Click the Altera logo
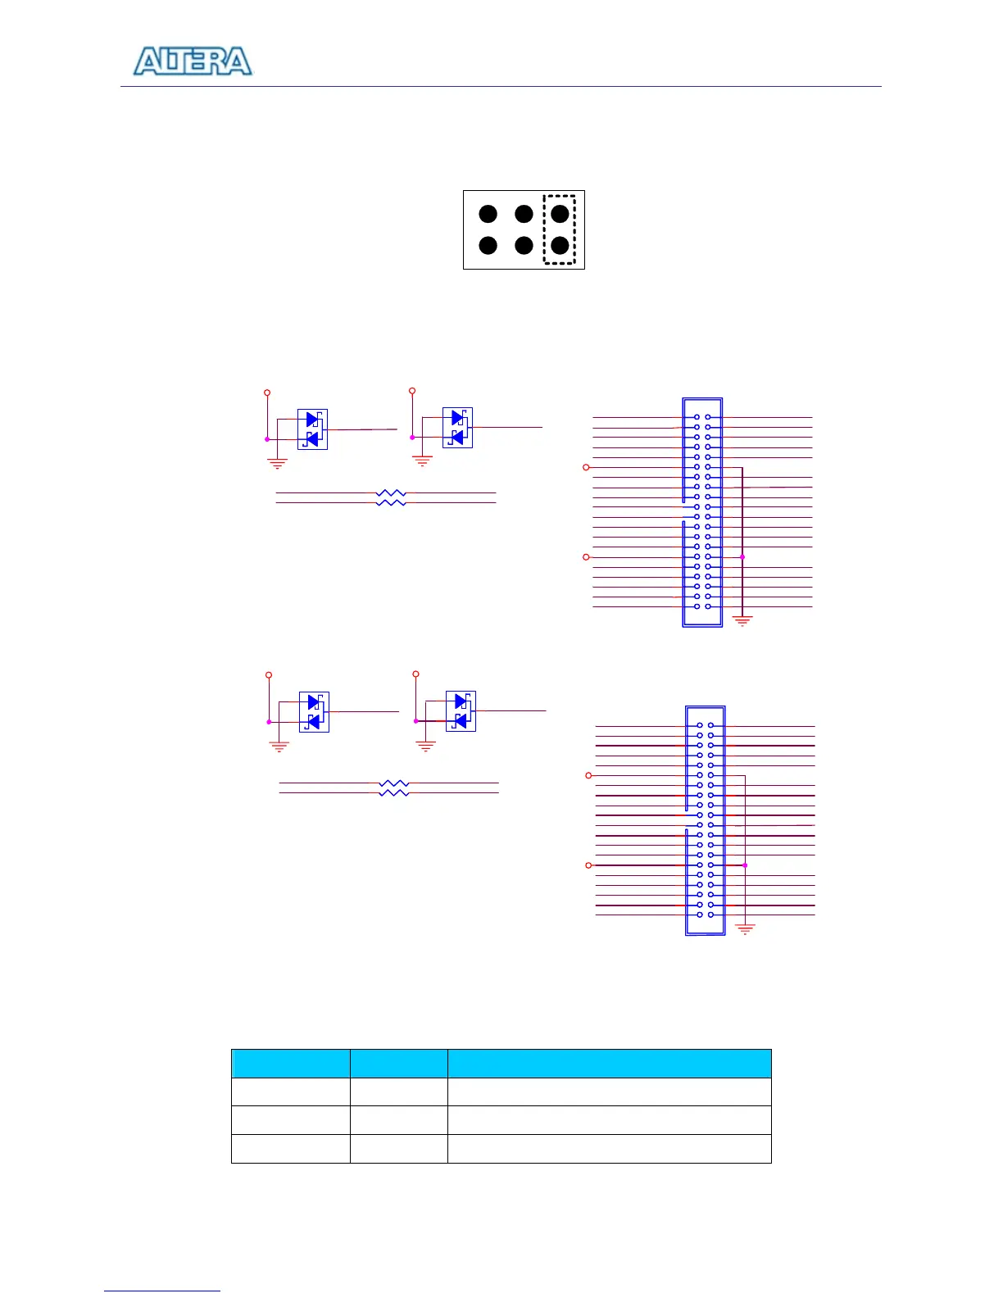(x=193, y=61)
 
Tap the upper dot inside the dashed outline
(x=560, y=214)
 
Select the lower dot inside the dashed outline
(x=560, y=245)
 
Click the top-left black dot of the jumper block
(x=488, y=214)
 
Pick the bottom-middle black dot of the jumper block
(x=524, y=245)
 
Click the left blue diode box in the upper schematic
(x=312, y=429)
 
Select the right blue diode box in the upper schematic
(x=457, y=428)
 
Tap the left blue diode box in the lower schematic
(x=314, y=712)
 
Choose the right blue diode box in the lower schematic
(x=461, y=711)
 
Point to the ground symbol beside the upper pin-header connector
(x=742, y=621)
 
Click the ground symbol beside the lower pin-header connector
(x=745, y=929)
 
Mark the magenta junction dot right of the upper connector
(x=742, y=557)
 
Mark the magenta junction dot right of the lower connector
(x=745, y=865)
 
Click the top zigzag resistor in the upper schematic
(x=391, y=493)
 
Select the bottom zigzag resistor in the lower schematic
(x=394, y=793)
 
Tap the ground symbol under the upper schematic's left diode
(x=278, y=464)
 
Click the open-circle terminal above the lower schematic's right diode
(x=415, y=674)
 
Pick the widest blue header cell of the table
(x=609, y=1063)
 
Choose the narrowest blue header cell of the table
(x=398, y=1063)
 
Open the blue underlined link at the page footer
(x=162, y=1291)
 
